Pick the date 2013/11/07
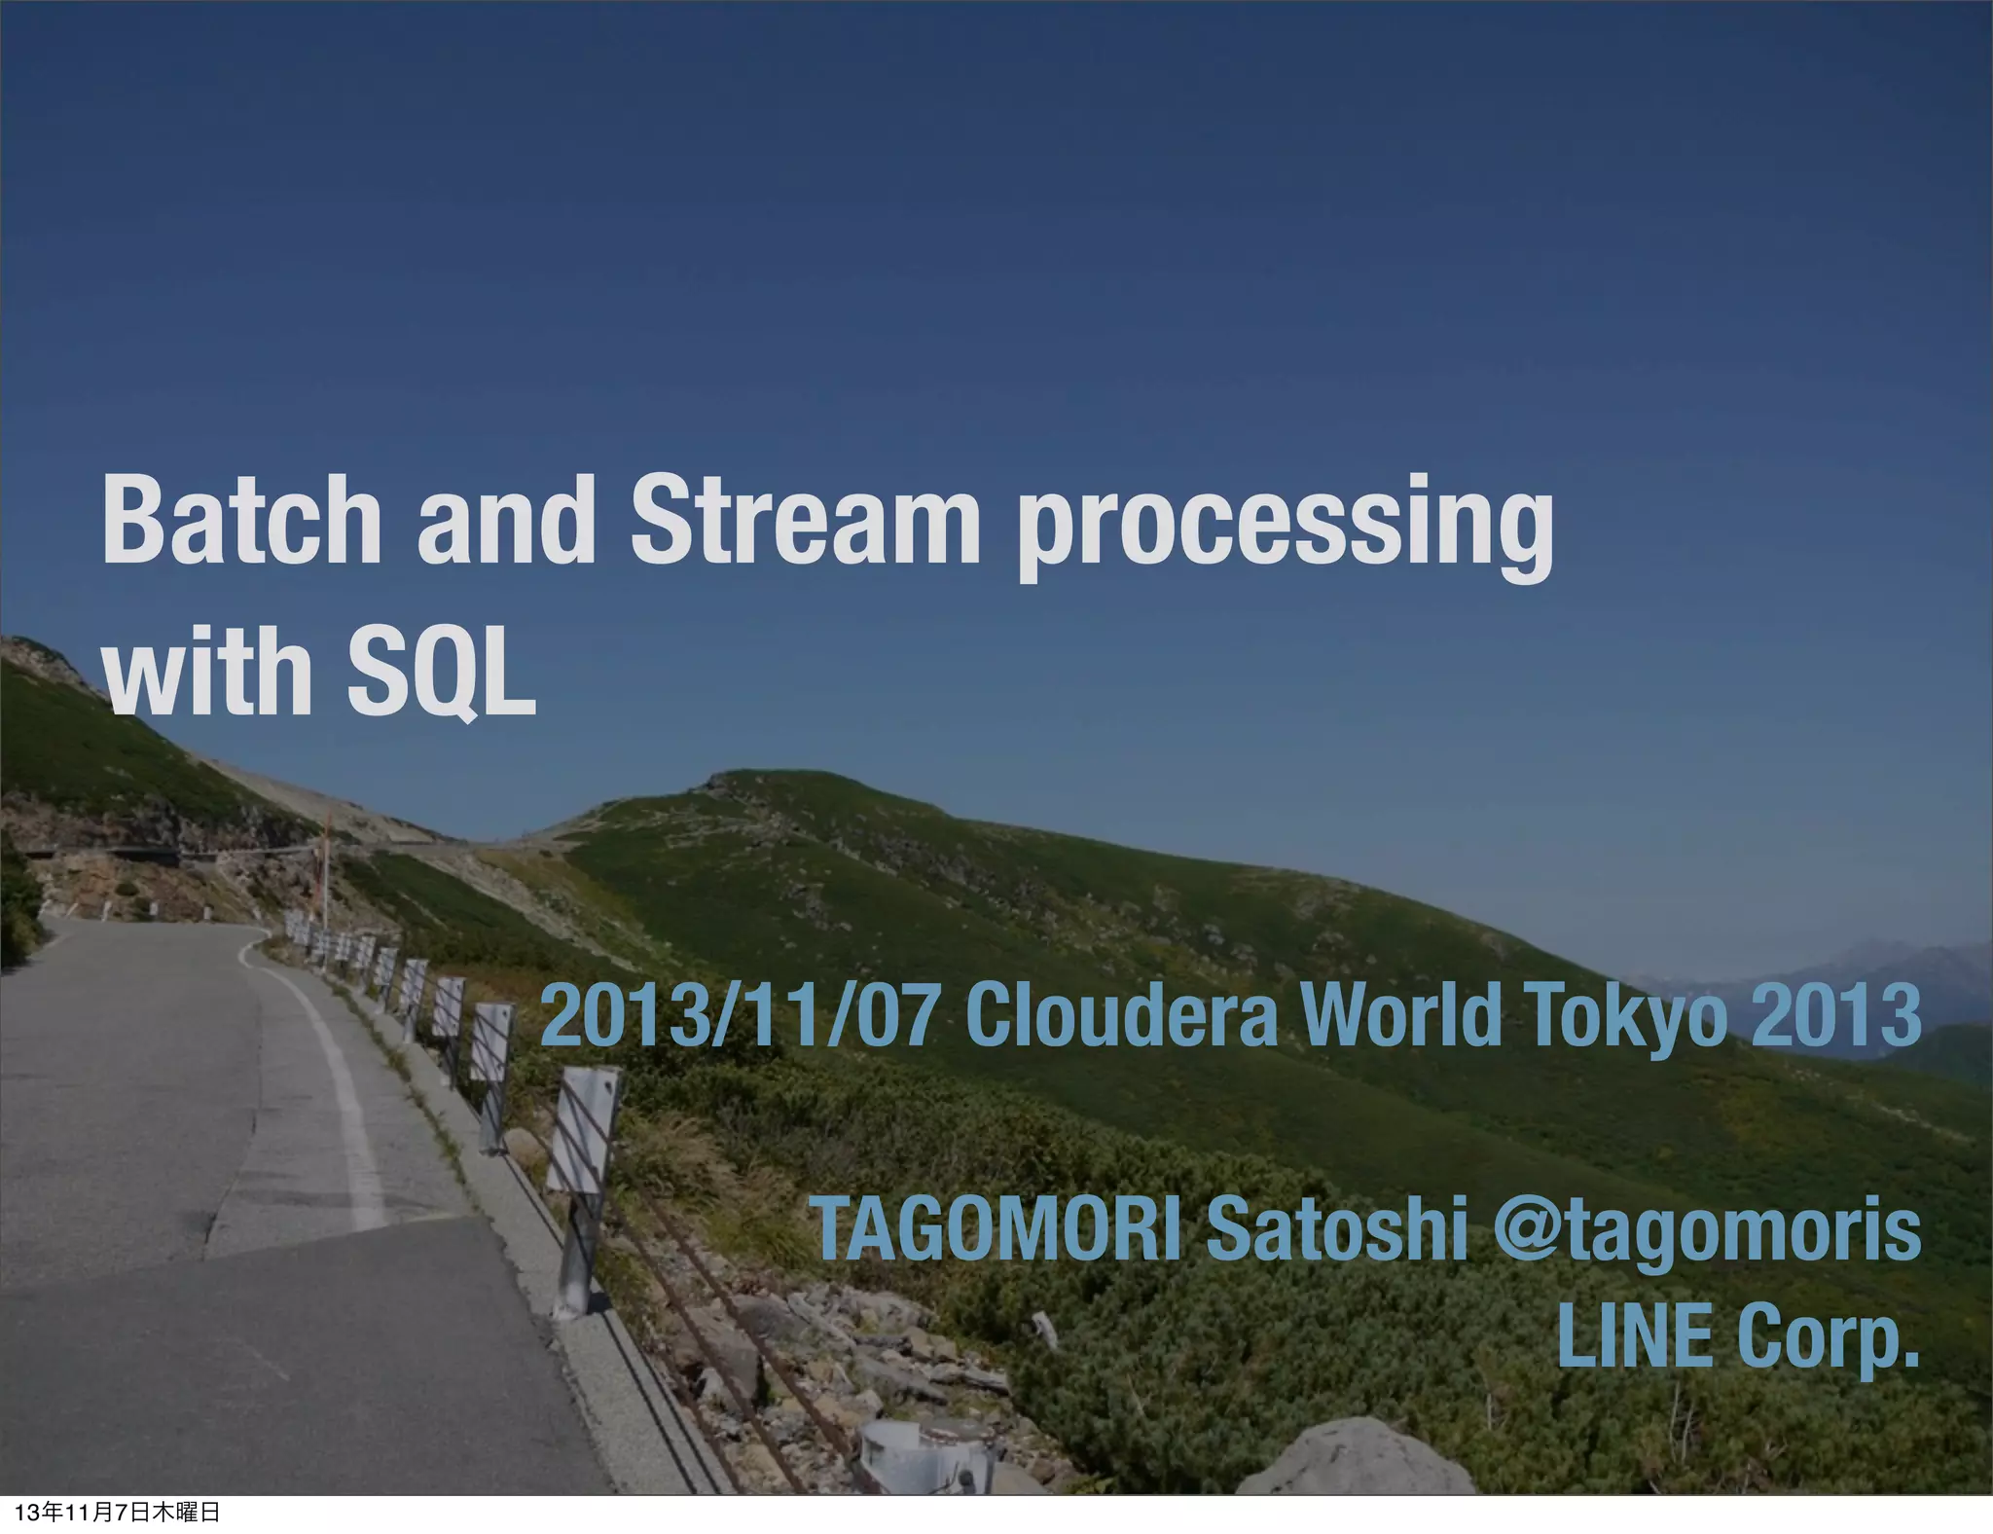pyautogui.click(x=740, y=1016)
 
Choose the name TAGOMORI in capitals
pyautogui.click(x=998, y=1229)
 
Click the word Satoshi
pyautogui.click(x=1337, y=1229)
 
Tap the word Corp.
pyautogui.click(x=1828, y=1338)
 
